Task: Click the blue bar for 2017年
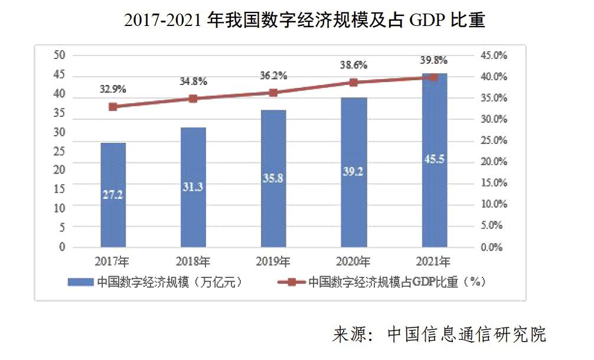pyautogui.click(x=113, y=195)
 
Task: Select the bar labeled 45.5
pyautogui.click(x=434, y=160)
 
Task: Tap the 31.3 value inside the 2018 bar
pyautogui.click(x=193, y=186)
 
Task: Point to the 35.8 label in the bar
pyautogui.click(x=273, y=179)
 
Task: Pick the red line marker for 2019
pyautogui.click(x=273, y=93)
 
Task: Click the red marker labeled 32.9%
pyautogui.click(x=113, y=107)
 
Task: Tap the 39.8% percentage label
pyautogui.click(x=434, y=60)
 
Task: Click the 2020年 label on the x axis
pyautogui.click(x=354, y=261)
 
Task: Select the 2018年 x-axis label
pyautogui.click(x=193, y=261)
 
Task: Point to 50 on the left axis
pyautogui.click(x=59, y=55)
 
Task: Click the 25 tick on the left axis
pyautogui.click(x=59, y=151)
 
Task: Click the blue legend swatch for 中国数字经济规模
pyautogui.click(x=80, y=282)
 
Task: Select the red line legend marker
pyautogui.click(x=291, y=282)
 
